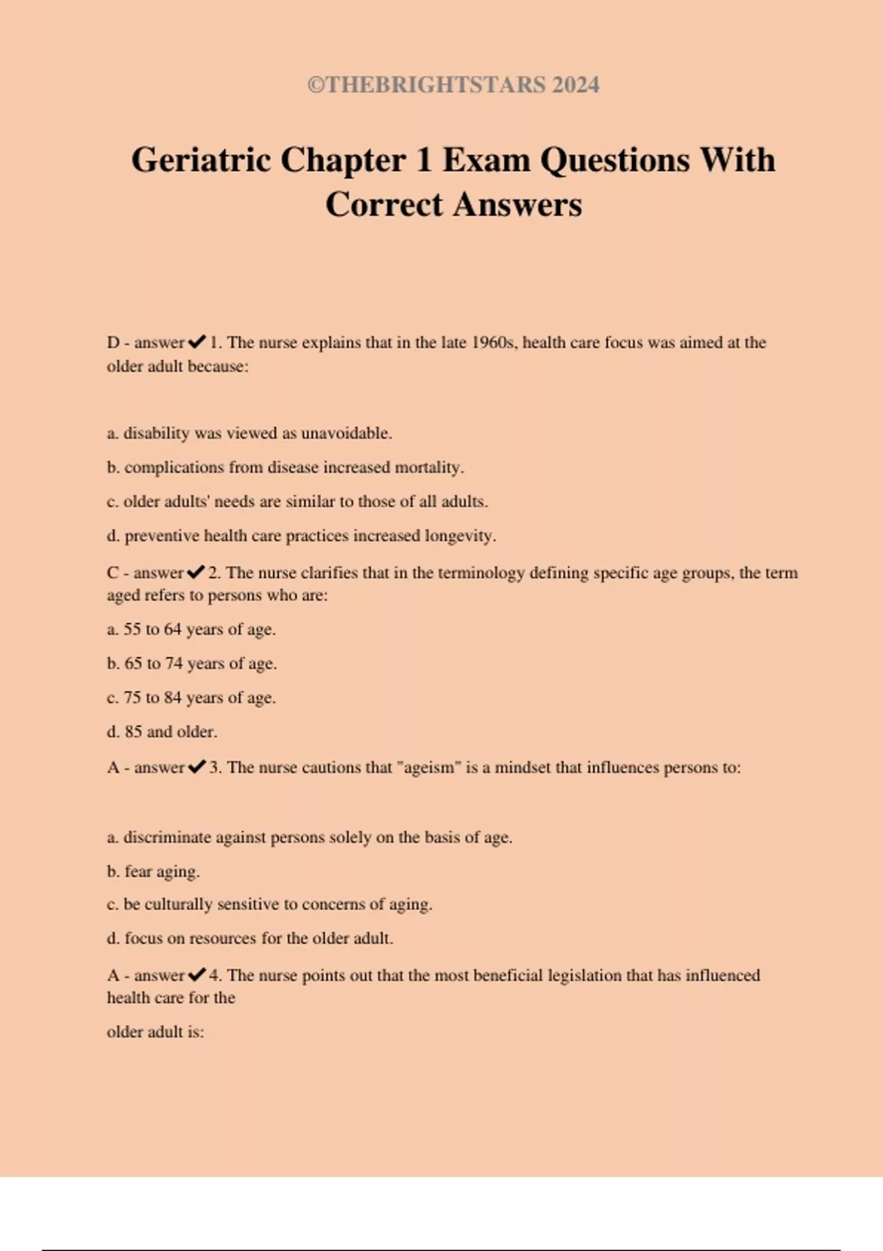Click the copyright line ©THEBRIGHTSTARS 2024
click(453, 85)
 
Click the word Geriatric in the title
click(201, 160)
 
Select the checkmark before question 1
click(196, 342)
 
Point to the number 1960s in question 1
click(494, 342)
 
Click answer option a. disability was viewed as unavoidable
click(249, 433)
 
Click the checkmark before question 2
click(196, 573)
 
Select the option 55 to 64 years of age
click(191, 629)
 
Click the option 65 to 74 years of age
click(191, 663)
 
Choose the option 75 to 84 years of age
click(191, 698)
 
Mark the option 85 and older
click(162, 731)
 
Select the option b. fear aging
click(153, 871)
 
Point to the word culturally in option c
click(178, 904)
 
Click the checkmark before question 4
click(196, 975)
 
